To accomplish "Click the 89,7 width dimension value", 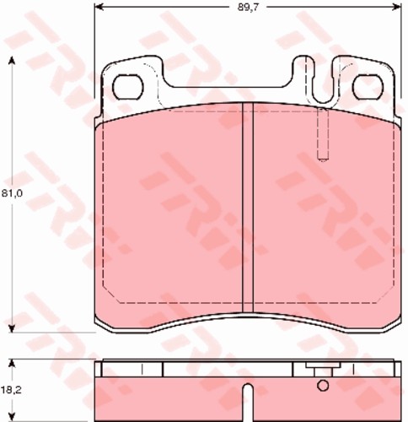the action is [248, 7].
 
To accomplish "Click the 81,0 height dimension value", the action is [12, 193].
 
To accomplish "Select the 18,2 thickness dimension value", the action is [12, 390].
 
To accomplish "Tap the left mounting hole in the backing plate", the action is [128, 87].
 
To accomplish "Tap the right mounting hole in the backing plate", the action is [368, 87].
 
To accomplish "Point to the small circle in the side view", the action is [323, 386].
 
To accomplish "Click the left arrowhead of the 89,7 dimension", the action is [99, 7].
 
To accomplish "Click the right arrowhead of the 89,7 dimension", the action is [396, 7].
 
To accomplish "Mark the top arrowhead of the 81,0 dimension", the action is [12, 61].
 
